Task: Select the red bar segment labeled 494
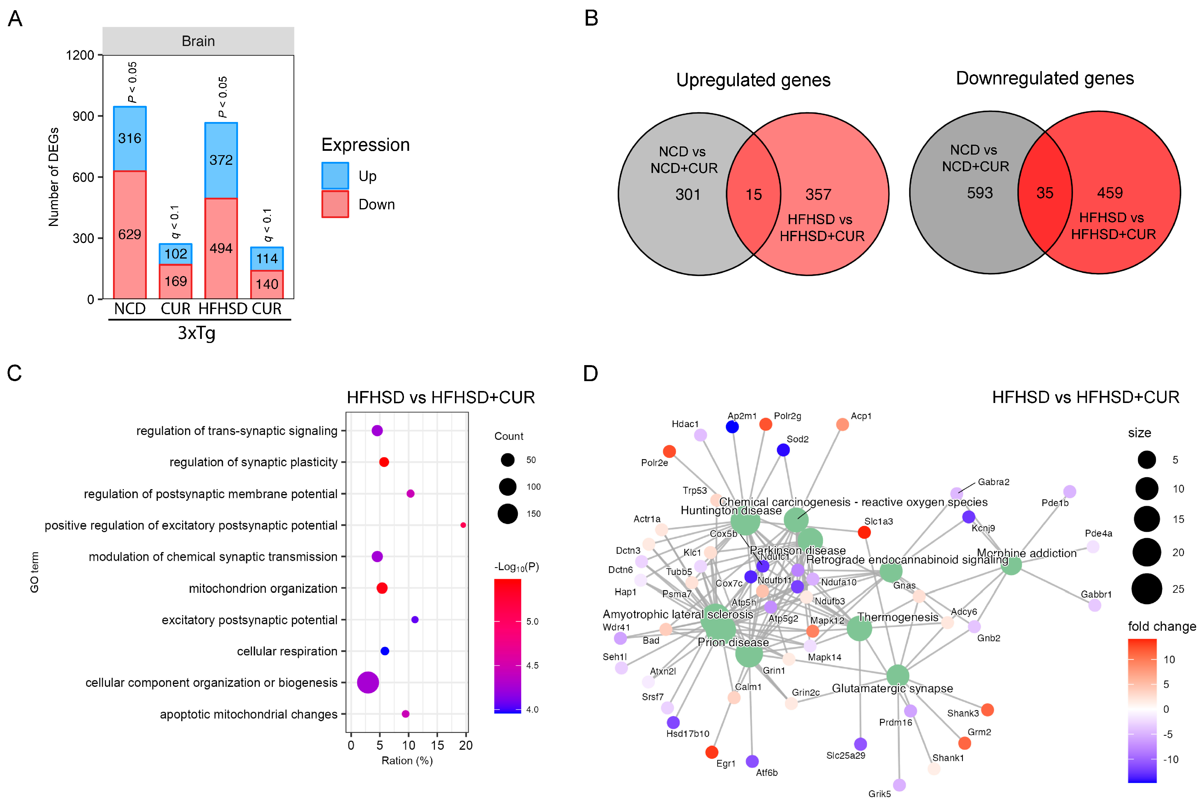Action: [x=221, y=248]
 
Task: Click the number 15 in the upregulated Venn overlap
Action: [x=753, y=194]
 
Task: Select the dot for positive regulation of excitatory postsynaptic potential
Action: [x=463, y=525]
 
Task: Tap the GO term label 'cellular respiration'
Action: [x=287, y=651]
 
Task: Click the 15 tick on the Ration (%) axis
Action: [x=437, y=745]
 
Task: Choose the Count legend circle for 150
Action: [x=508, y=514]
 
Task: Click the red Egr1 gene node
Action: [x=711, y=752]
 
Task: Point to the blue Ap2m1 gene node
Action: [x=733, y=427]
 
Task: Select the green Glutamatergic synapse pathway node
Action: [x=897, y=675]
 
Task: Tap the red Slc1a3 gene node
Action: [x=864, y=533]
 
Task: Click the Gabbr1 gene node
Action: [x=1095, y=605]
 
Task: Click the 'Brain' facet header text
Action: [x=198, y=41]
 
